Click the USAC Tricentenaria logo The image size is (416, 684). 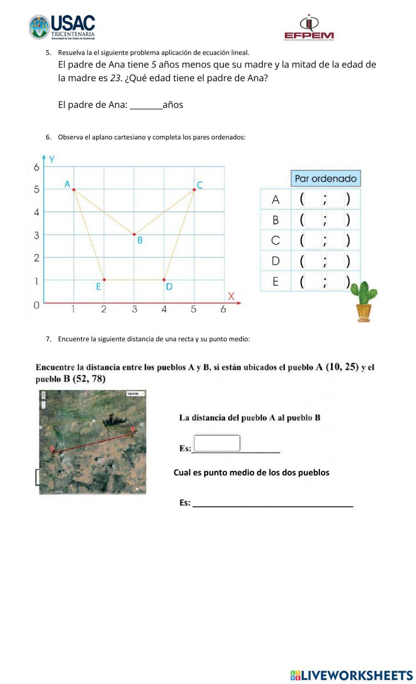coord(62,27)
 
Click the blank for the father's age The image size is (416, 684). coord(146,105)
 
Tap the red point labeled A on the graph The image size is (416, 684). coord(74,190)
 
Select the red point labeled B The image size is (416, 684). coord(134,234)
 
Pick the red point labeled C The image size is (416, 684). coord(194,190)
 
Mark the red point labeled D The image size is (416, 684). coord(164,280)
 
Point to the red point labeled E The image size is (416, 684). coord(104,280)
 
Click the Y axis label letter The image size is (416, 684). coord(52,159)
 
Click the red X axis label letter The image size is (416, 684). coord(231,296)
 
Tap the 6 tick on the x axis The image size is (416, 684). coord(223,309)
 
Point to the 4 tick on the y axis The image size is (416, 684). coord(37,212)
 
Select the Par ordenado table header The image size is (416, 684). coord(325,179)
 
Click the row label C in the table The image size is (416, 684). coord(275,241)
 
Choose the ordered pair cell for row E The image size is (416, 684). coord(325,281)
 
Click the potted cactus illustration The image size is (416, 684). coord(364,301)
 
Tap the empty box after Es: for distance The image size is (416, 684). coord(217,443)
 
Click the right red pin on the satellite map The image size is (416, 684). coord(133,429)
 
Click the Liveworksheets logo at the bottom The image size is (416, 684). coord(352,675)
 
